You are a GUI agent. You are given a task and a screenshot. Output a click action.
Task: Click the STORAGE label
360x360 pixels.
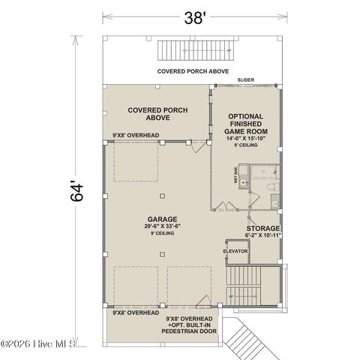[x=264, y=228]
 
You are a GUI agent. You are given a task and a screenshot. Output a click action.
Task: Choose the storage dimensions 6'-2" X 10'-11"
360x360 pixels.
[x=264, y=235]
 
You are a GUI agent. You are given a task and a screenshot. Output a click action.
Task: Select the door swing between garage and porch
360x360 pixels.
[x=196, y=148]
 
